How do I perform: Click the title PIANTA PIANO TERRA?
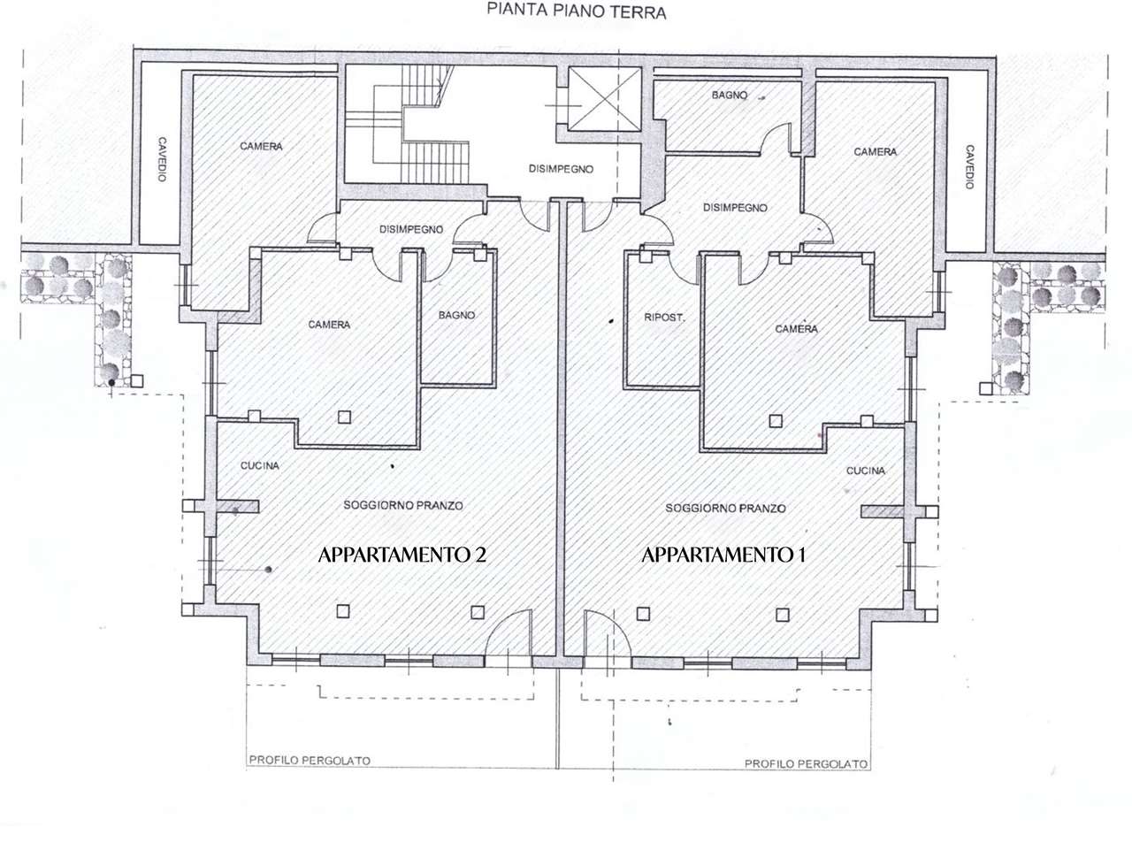tap(576, 11)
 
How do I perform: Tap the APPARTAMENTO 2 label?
tap(402, 555)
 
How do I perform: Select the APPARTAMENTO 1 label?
tap(723, 555)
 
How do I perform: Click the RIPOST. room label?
tap(664, 318)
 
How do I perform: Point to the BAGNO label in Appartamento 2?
tap(456, 315)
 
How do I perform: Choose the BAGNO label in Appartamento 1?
tap(730, 95)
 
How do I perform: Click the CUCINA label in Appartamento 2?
tap(260, 466)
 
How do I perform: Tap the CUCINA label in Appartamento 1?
tap(866, 471)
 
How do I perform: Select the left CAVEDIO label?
tap(162, 159)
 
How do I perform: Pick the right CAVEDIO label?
tap(969, 166)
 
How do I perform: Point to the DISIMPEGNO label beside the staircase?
tap(561, 169)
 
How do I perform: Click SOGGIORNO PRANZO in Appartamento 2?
tap(402, 505)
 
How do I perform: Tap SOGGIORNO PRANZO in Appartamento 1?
tap(725, 509)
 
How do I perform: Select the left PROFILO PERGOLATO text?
tap(310, 761)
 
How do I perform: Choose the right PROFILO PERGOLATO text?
tap(806, 764)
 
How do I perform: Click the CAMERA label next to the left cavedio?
tap(261, 147)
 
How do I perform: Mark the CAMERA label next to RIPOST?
tap(796, 328)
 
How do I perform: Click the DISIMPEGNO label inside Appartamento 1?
tap(735, 208)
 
